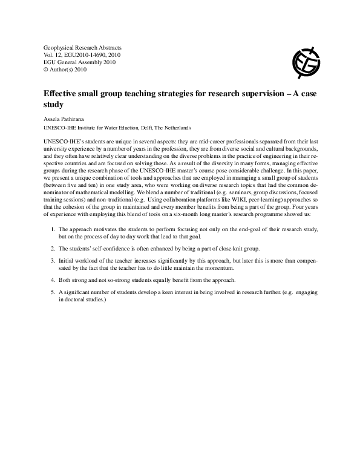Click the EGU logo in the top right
click(306, 61)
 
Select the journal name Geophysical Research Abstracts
click(82, 47)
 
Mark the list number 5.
click(53, 292)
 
